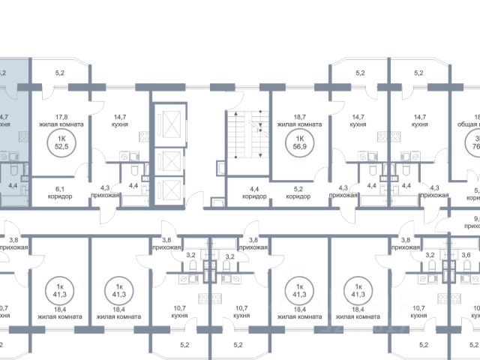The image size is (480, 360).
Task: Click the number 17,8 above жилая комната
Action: coord(63,116)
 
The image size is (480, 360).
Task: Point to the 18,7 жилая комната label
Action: coord(299,121)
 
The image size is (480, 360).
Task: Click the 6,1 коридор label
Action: coord(63,192)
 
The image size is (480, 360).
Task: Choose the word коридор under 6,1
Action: coord(63,196)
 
